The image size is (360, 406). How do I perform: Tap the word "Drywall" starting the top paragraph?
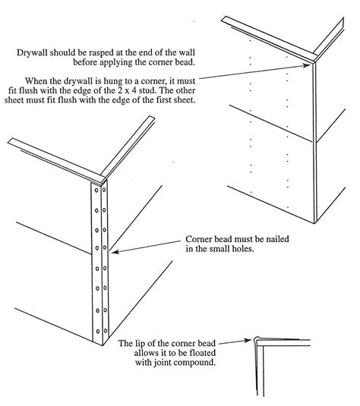[33, 53]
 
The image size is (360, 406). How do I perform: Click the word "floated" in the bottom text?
[185, 355]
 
